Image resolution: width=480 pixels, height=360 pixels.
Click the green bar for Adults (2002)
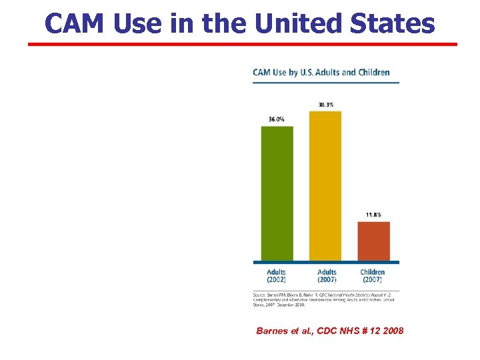(x=277, y=193)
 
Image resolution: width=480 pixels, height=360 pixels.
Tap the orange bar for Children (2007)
(x=373, y=241)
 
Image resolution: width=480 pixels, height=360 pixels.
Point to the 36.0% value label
(x=277, y=119)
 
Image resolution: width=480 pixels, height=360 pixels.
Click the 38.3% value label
(x=326, y=105)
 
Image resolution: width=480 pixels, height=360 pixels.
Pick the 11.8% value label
(x=374, y=215)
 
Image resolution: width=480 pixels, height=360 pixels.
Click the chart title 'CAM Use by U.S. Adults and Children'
(x=321, y=72)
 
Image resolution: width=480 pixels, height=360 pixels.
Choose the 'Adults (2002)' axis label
(x=277, y=275)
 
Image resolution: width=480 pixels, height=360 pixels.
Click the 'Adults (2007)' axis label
(x=327, y=275)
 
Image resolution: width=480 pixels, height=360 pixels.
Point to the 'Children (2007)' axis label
(x=373, y=275)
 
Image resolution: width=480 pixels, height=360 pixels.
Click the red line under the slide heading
(x=243, y=45)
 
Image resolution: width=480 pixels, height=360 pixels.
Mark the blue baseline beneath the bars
(x=326, y=262)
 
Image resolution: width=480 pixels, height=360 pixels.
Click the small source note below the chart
(x=324, y=299)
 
